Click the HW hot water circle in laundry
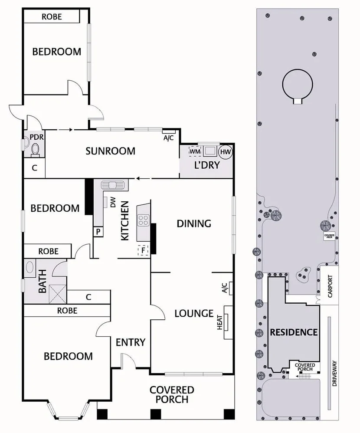pyautogui.click(x=225, y=151)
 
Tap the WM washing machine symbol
pyautogui.click(x=195, y=151)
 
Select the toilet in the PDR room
pyautogui.click(x=35, y=150)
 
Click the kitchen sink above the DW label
pyautogui.click(x=113, y=185)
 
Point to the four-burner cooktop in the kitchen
pyautogui.click(x=143, y=220)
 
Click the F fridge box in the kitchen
pyautogui.click(x=142, y=250)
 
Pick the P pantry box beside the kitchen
pyautogui.click(x=98, y=232)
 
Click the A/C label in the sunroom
pyautogui.click(x=169, y=138)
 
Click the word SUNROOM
pyautogui.click(x=110, y=151)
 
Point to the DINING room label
pyautogui.click(x=193, y=223)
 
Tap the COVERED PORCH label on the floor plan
pyautogui.click(x=172, y=394)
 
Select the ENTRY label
pyautogui.click(x=130, y=342)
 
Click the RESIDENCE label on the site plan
pyautogui.click(x=294, y=333)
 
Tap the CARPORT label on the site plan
pyautogui.click(x=330, y=287)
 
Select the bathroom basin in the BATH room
pyautogui.click(x=30, y=266)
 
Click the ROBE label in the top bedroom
pyautogui.click(x=52, y=17)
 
